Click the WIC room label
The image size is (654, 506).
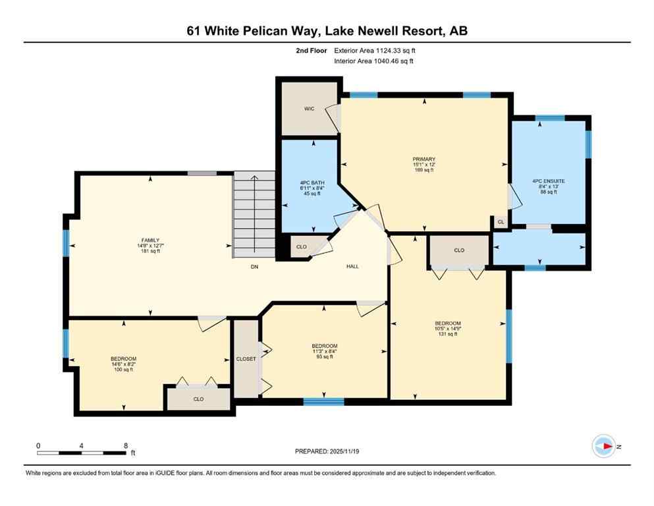pyautogui.click(x=308, y=109)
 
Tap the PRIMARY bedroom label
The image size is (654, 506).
pyautogui.click(x=424, y=159)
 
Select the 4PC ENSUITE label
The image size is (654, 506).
pyautogui.click(x=549, y=181)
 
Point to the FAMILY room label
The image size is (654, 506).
pyautogui.click(x=150, y=240)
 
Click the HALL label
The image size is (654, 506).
pyautogui.click(x=352, y=267)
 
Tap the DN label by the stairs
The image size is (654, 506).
pyautogui.click(x=254, y=267)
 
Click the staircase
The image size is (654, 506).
pyautogui.click(x=254, y=214)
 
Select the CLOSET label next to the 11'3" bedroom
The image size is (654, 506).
pyautogui.click(x=246, y=359)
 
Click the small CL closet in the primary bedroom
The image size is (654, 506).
pyautogui.click(x=501, y=223)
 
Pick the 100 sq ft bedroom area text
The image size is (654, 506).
pyautogui.click(x=123, y=370)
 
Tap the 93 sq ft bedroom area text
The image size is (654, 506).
pyautogui.click(x=324, y=357)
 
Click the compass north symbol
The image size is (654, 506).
pyautogui.click(x=604, y=447)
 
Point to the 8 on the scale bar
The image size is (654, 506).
pyautogui.click(x=125, y=445)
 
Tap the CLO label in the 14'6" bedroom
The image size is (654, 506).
pyautogui.click(x=198, y=399)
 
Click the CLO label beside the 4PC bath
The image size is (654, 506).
pyautogui.click(x=301, y=247)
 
